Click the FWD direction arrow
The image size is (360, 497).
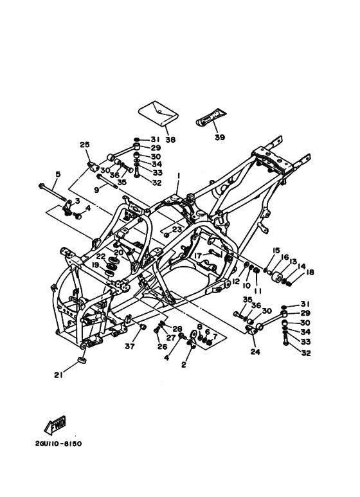55,425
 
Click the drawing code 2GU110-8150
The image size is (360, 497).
59,444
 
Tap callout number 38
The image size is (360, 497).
170,140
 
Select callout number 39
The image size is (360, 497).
220,137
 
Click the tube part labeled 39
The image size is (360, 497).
211,117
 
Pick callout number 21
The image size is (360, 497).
59,375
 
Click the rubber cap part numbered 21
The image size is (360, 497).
83,361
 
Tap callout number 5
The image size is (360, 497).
58,174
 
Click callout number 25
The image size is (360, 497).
85,145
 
